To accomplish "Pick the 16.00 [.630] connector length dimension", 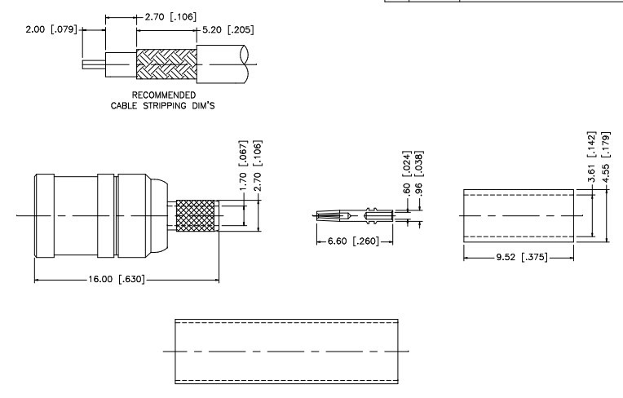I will point(126,280).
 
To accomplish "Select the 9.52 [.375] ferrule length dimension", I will point(519,257).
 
